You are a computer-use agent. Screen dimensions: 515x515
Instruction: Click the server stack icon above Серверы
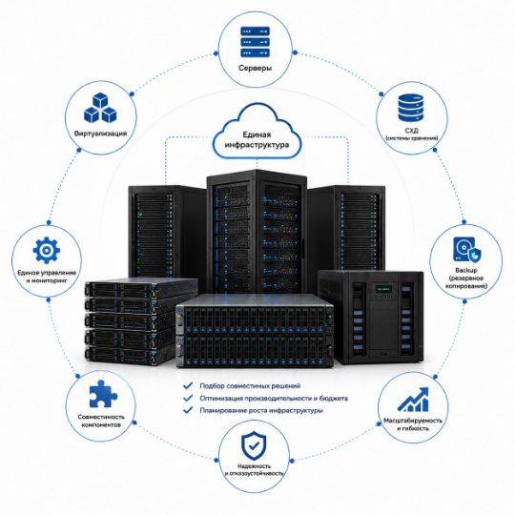pyautogui.click(x=256, y=42)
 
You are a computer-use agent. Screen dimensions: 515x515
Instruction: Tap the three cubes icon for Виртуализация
pyautogui.click(x=100, y=108)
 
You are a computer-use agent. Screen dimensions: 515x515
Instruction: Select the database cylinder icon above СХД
pyautogui.click(x=410, y=108)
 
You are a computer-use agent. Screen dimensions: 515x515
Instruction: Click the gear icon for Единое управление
pyautogui.click(x=47, y=250)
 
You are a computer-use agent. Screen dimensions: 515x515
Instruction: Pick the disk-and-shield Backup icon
pyautogui.click(x=466, y=250)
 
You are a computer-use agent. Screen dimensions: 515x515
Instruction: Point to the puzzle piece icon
pyautogui.click(x=102, y=394)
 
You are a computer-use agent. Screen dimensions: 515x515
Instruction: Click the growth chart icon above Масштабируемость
pyautogui.click(x=413, y=400)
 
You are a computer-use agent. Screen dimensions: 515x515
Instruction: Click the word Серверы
pyautogui.click(x=256, y=68)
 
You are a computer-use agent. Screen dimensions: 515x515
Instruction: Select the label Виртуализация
pyautogui.click(x=100, y=134)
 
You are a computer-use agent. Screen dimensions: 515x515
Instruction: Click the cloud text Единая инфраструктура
pyautogui.click(x=257, y=139)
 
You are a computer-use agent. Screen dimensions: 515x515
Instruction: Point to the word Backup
pyautogui.click(x=466, y=270)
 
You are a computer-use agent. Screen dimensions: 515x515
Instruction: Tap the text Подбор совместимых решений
pyautogui.click(x=250, y=386)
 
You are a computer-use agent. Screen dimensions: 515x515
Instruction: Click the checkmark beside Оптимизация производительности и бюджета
pyautogui.click(x=188, y=398)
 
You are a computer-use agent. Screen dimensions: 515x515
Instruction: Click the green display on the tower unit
pyautogui.click(x=383, y=289)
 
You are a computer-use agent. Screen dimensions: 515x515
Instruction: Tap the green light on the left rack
pyautogui.click(x=140, y=216)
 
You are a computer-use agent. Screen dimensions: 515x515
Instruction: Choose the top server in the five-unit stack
pyautogui.click(x=141, y=288)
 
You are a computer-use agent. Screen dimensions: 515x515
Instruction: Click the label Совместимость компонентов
pyautogui.click(x=101, y=421)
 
